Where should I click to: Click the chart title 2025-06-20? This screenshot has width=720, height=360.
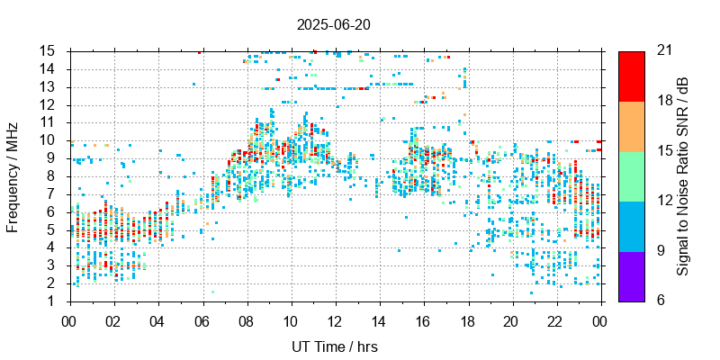click(x=334, y=24)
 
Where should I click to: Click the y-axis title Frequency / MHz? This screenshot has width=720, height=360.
click(x=13, y=176)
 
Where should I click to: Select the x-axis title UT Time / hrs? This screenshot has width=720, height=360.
click(x=334, y=346)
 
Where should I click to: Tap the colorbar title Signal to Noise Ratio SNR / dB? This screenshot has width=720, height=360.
click(x=683, y=176)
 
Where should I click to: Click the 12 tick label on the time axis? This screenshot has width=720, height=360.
click(x=334, y=321)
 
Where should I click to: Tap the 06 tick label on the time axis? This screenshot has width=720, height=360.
click(x=202, y=321)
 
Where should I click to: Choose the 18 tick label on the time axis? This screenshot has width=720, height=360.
click(x=467, y=321)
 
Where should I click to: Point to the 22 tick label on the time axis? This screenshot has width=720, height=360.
click(x=555, y=321)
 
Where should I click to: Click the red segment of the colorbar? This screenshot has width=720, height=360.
click(x=631, y=76)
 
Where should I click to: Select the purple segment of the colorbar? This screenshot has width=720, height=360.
click(x=631, y=275)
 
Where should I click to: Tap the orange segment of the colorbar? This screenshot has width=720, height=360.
click(x=631, y=126)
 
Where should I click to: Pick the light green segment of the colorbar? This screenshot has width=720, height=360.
click(x=631, y=176)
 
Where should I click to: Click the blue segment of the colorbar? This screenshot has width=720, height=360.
click(x=631, y=226)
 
